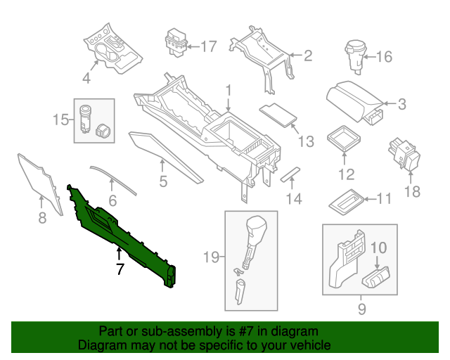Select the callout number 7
(120, 269)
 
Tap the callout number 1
(229, 90)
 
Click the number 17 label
(208, 47)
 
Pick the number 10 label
(379, 247)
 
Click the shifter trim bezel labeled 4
(112, 51)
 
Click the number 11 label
(383, 199)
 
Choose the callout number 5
(162, 184)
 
